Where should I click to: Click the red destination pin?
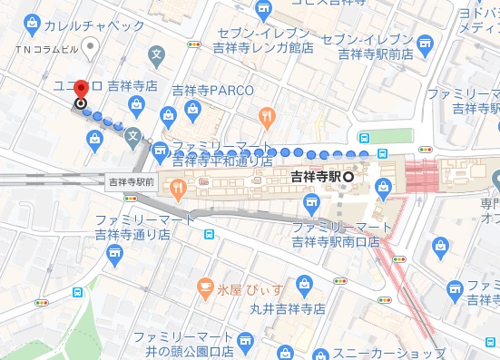pos(81,91)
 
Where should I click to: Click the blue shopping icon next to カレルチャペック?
pos(34,20)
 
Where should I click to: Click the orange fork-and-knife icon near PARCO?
pos(266,115)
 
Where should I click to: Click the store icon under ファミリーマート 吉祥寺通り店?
pos(210,234)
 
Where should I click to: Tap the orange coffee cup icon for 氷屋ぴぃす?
pos(205,290)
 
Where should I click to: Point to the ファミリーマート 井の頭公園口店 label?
pos(181,345)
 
